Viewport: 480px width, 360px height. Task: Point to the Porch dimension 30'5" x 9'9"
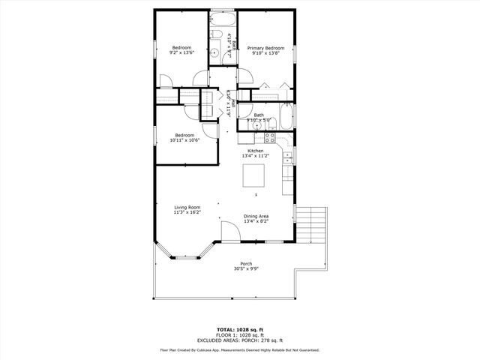point(246,268)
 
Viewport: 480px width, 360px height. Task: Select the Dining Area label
point(256,217)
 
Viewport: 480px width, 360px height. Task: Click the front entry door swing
point(229,232)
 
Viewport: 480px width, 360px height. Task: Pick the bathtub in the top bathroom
point(222,18)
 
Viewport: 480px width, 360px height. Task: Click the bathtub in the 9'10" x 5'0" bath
point(286,118)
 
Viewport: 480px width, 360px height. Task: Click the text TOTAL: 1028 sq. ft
point(240,329)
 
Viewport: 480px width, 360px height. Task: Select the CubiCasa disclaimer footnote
point(240,349)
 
